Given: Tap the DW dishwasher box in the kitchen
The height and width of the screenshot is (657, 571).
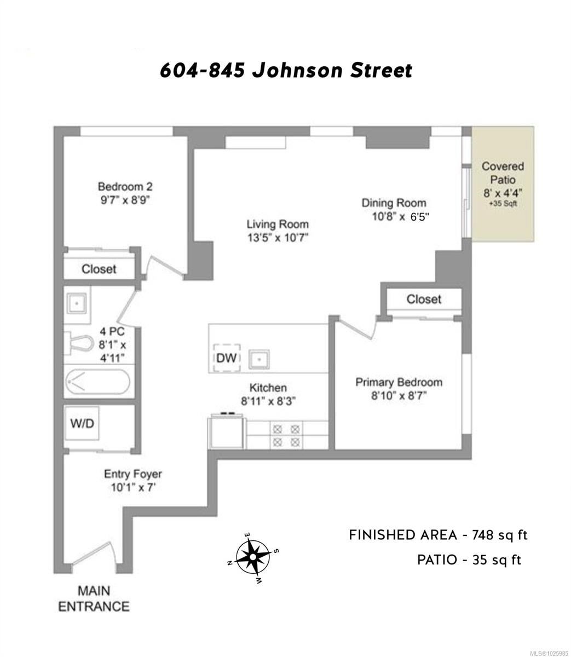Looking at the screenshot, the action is coord(227,358).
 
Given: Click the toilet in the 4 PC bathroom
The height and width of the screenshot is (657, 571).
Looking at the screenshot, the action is coord(79,343).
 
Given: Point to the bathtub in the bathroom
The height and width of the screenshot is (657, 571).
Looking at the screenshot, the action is coord(98,382).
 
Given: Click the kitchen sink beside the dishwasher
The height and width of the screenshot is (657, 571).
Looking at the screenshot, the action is coord(259,359).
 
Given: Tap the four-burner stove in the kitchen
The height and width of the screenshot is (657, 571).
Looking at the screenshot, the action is coord(286,435).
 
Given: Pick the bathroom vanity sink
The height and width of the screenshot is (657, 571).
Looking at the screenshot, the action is coord(77,303).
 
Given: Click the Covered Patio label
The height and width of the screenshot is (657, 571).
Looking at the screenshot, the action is coord(503,173).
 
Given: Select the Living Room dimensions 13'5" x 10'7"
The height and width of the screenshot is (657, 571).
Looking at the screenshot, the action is coord(278,238).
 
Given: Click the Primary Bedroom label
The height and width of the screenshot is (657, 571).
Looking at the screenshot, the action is coord(399,382).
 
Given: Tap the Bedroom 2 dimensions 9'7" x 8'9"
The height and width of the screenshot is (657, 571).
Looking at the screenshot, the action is coord(125,200).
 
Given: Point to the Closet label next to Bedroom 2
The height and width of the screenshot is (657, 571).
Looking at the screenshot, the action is coord(99,269).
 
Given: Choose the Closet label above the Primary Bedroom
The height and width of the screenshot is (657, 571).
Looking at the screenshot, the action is coord(424,299).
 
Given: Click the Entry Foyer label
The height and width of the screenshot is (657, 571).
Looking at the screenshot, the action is coord(133,474).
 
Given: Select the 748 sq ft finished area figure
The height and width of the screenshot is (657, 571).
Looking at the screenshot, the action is coord(499,535).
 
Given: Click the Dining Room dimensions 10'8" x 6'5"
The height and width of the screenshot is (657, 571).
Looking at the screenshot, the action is coord(400,217).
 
